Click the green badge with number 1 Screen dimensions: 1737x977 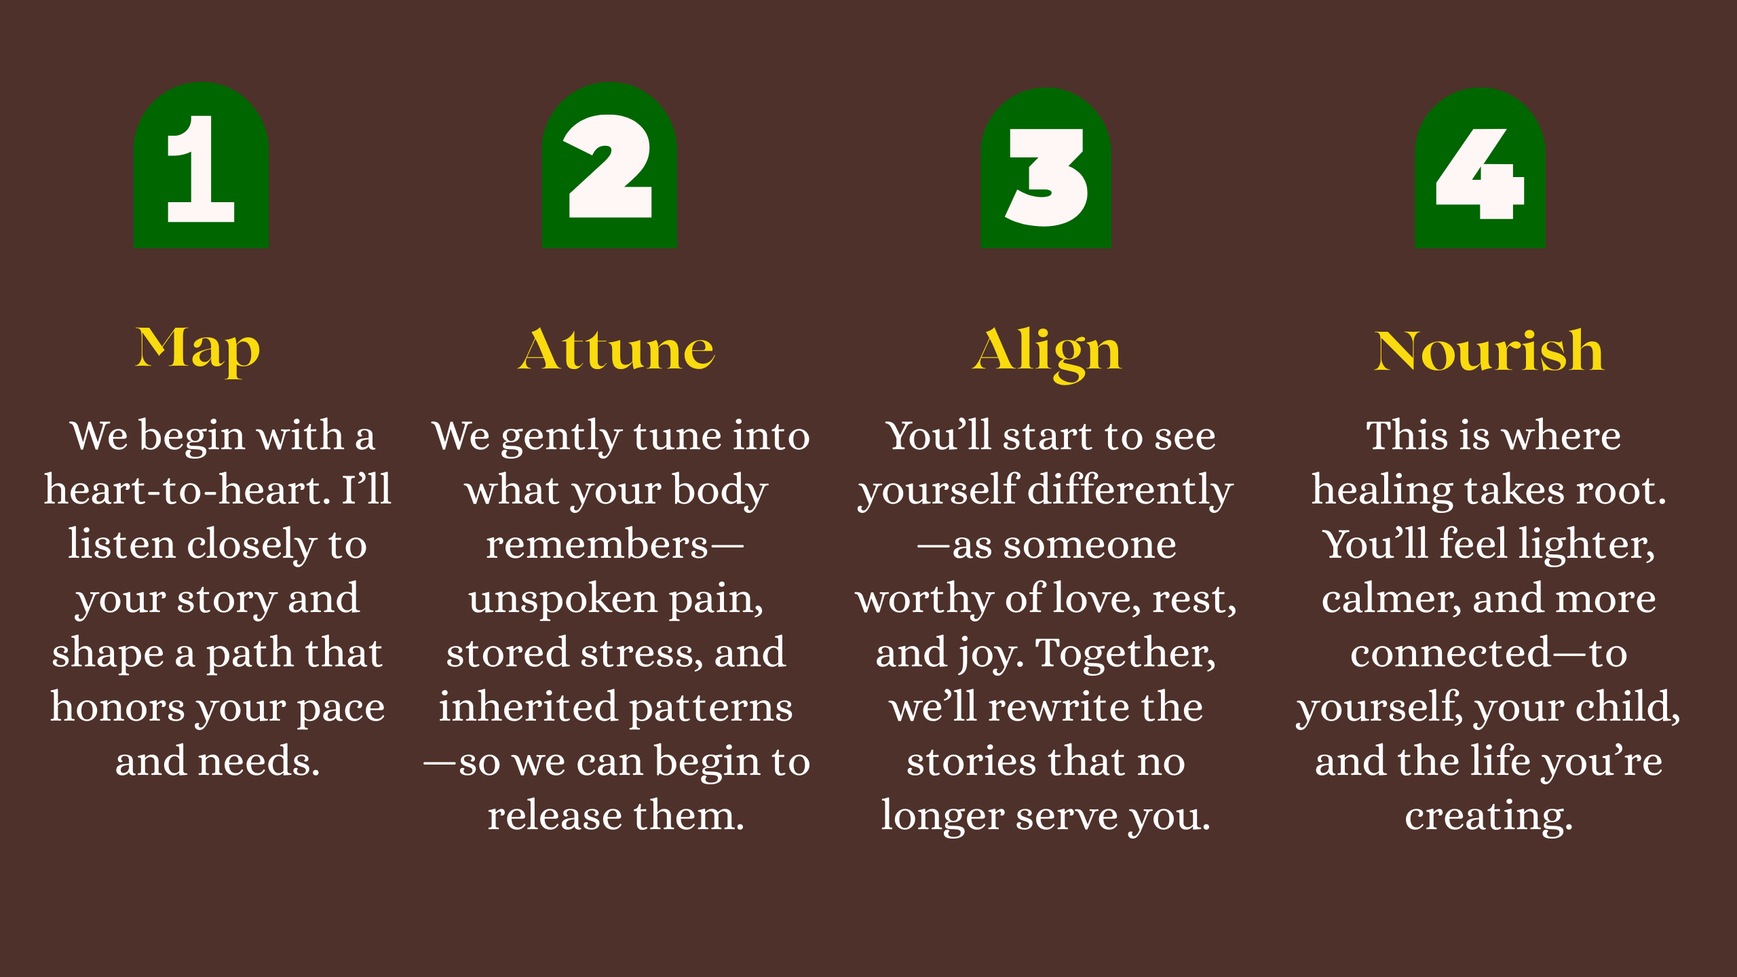pos(201,166)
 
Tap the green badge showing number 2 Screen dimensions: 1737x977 pos(609,166)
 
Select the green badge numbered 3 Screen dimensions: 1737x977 pos(1046,168)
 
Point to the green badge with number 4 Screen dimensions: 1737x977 pos(1480,168)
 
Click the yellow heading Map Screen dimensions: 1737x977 pos(197,351)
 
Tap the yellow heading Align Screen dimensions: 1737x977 pos(1047,353)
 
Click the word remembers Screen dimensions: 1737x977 pos(597,544)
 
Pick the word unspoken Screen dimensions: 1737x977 pos(562,599)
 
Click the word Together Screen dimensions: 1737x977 pos(1126,653)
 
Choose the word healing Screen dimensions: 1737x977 pos(1383,491)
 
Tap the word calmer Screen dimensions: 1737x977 pos(1391,599)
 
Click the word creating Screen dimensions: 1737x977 pos(1489,816)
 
